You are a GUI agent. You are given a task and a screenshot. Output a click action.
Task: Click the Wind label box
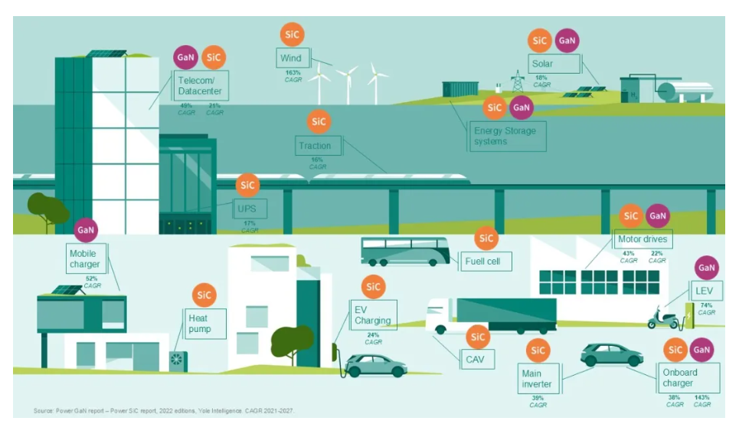291,58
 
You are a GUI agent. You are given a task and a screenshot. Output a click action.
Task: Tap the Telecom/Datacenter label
198,85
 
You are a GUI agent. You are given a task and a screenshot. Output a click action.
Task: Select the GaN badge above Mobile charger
86,229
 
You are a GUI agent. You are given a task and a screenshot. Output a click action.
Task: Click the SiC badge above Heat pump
203,295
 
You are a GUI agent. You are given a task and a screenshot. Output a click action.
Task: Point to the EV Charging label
373,315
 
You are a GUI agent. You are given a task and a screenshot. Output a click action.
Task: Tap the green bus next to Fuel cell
405,251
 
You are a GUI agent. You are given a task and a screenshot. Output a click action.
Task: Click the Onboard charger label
679,378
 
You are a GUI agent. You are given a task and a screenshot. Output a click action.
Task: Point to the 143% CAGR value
701,400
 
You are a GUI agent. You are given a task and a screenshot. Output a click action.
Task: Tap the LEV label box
704,292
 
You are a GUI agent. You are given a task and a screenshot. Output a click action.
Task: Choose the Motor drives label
643,239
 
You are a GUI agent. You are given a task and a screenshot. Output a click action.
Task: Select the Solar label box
553,64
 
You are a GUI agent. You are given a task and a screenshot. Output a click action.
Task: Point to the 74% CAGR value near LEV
706,308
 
